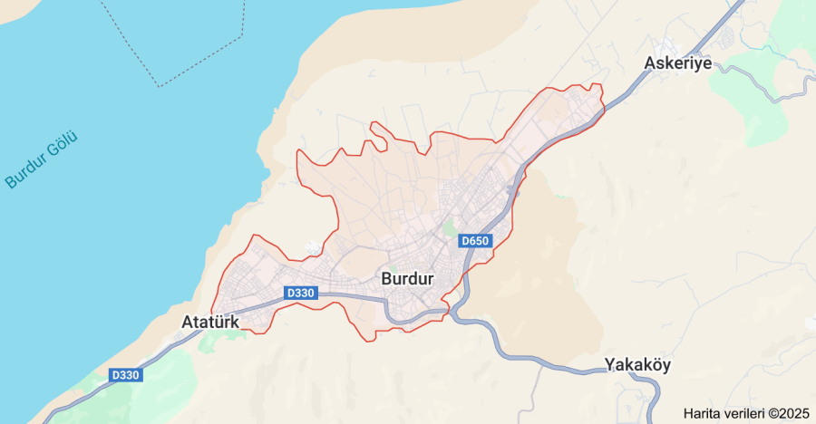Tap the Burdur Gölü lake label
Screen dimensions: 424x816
pos(42,160)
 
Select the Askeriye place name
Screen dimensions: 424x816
pos(677,63)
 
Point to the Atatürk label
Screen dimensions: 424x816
pos(209,322)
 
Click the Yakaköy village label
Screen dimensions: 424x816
pos(637,366)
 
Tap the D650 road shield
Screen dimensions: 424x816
pos(475,241)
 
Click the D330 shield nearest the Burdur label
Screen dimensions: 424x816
pos(300,293)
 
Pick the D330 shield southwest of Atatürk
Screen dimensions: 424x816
pos(126,375)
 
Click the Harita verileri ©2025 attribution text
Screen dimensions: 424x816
pos(746,413)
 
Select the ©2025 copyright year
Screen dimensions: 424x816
pos(788,413)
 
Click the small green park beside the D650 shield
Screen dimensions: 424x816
pos(449,227)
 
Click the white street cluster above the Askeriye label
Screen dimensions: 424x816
pos(672,45)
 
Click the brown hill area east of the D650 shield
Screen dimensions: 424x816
pos(535,272)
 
